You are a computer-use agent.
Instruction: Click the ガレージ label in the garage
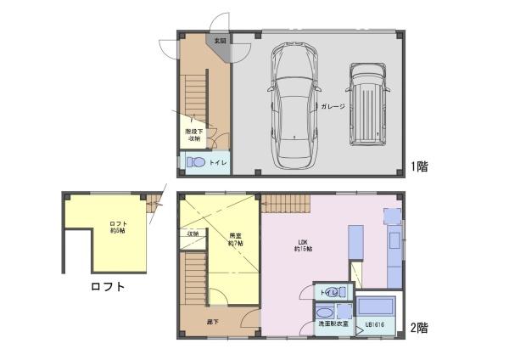(x=333, y=106)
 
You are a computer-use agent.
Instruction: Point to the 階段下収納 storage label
(x=193, y=135)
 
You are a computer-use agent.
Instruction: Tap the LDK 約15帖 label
(x=303, y=246)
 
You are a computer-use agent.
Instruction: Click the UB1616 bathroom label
(x=375, y=324)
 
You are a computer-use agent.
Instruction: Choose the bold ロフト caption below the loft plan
(x=108, y=287)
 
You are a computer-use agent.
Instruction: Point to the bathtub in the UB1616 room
(x=374, y=307)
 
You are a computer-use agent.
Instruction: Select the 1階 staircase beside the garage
(x=194, y=95)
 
